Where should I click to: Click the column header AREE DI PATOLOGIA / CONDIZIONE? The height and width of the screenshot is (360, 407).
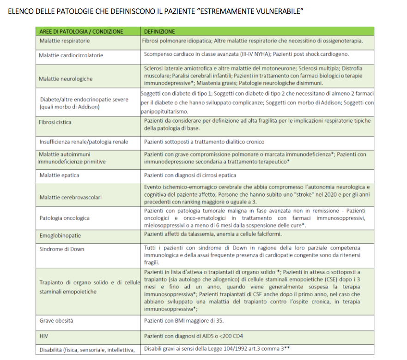[81, 32]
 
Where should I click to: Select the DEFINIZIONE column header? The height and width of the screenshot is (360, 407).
[159, 32]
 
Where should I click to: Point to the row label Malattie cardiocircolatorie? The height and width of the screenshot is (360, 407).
[71, 55]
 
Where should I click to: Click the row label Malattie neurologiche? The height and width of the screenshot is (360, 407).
[66, 79]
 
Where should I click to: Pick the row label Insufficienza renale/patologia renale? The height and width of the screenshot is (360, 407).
[84, 142]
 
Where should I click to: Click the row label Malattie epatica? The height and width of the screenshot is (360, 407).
[59, 175]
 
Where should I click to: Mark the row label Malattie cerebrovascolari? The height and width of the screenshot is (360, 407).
[70, 197]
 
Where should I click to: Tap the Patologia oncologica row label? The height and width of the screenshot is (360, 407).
[64, 218]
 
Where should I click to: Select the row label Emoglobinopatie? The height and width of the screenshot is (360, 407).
[60, 235]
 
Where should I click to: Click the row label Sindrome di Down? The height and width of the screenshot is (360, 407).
[61, 249]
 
